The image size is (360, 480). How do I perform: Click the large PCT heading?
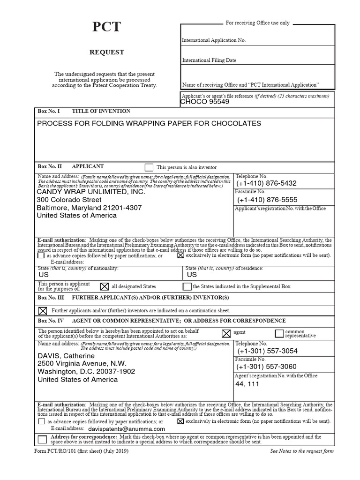tap(106, 27)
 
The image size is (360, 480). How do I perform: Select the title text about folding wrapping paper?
tap(149, 123)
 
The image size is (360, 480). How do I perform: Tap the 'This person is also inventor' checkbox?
tap(149, 167)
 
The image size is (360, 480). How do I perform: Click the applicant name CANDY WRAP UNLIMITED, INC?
tap(91, 192)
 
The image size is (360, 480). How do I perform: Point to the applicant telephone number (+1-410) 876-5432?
tap(267, 183)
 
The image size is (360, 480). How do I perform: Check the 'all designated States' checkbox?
tap(105, 286)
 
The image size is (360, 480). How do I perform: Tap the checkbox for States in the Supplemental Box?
tap(187, 286)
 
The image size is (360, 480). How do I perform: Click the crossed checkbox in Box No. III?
tap(42, 310)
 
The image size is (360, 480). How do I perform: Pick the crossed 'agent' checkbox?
tap(226, 333)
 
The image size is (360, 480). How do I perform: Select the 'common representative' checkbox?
tap(279, 333)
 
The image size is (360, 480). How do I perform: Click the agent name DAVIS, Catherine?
tap(66, 356)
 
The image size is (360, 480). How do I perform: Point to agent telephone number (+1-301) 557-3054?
tap(267, 351)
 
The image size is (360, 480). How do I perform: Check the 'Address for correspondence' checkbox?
tap(42, 439)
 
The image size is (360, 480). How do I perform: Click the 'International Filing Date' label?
tap(209, 60)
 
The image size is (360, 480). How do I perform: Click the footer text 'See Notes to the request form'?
tap(302, 451)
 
